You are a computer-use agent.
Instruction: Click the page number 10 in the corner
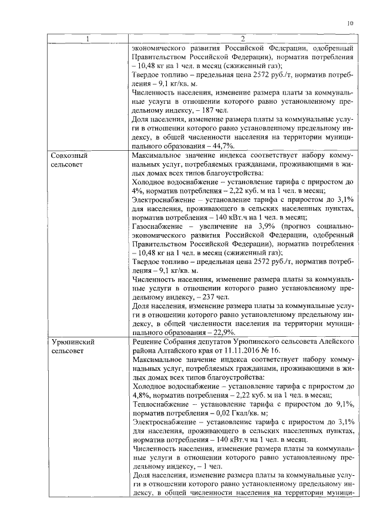350,23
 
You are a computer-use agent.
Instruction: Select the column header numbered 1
88,39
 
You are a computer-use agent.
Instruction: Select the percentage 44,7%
223,146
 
